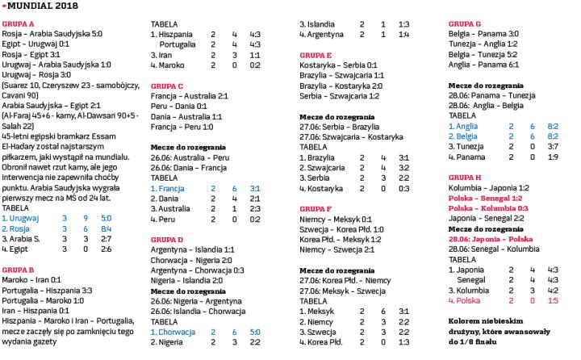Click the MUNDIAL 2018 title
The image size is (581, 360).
[x=40, y=6]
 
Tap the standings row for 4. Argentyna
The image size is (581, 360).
[x=355, y=34]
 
